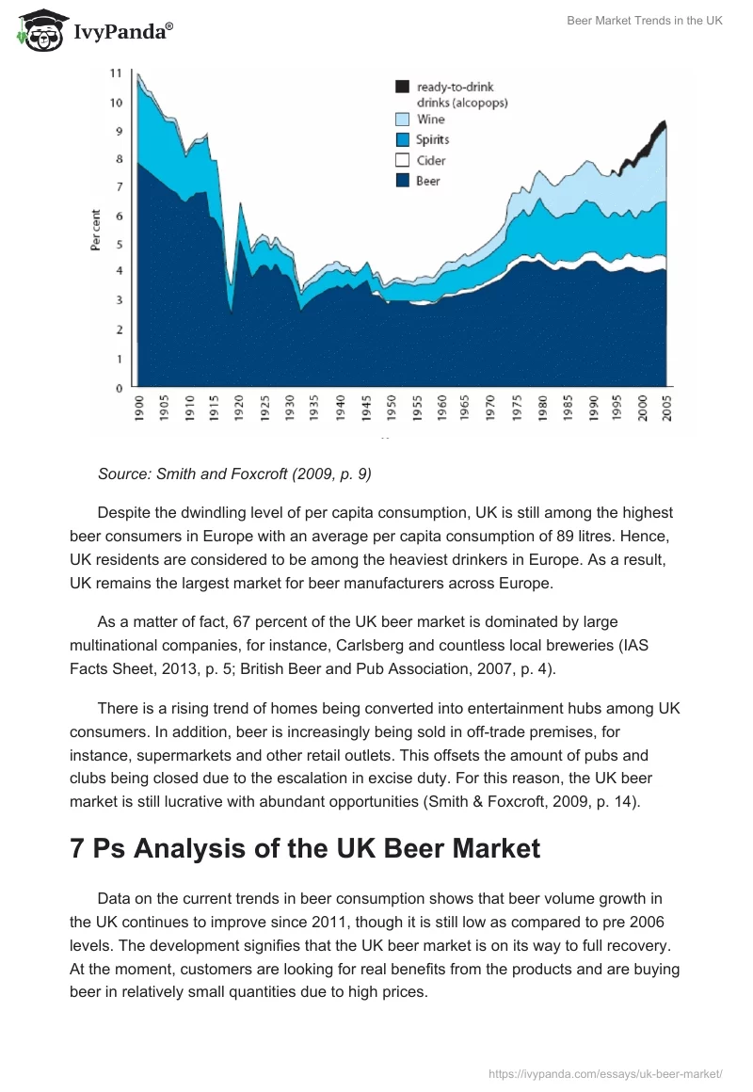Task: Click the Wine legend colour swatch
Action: coord(402,120)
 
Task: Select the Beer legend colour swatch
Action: coord(402,181)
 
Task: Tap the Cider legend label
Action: coord(431,160)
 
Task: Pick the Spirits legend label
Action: coord(433,139)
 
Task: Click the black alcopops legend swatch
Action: coord(402,87)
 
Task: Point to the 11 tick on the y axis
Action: coord(116,72)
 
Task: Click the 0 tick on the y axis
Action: coord(119,388)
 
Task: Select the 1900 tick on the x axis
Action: coord(139,408)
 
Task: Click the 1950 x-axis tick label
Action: coord(391,408)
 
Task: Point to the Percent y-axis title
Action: coord(95,230)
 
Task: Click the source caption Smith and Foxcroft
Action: coord(234,474)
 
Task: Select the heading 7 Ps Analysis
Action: coord(305,848)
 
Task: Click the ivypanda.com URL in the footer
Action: coord(606,1073)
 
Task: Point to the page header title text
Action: coord(645,21)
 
